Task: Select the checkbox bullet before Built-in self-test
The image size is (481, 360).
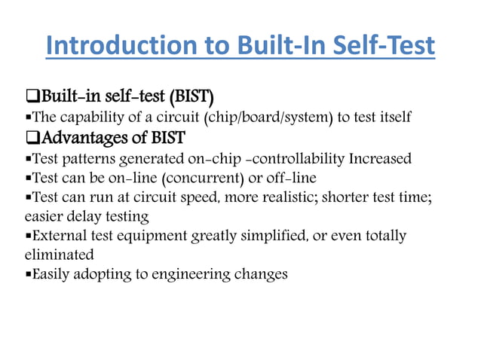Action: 32,97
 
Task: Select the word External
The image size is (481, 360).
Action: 57,236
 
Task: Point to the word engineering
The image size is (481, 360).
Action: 195,274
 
